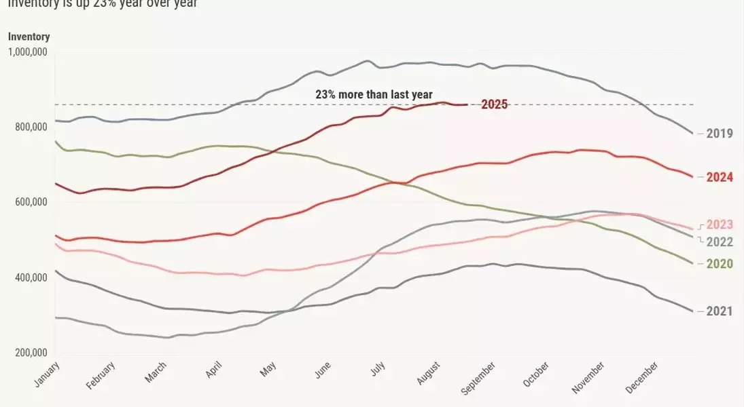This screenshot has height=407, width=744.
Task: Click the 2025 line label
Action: pos(494,104)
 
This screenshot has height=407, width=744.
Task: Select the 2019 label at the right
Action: pos(720,134)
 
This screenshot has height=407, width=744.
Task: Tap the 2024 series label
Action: pos(720,178)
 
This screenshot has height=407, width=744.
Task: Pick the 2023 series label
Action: pos(720,225)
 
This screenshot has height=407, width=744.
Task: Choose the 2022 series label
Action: pos(720,242)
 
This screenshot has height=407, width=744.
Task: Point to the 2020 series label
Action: pos(720,264)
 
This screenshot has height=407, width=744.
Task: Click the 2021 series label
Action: pos(720,311)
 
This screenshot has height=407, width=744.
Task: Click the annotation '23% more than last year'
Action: pos(374,95)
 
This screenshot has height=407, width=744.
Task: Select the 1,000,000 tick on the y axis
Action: pos(27,52)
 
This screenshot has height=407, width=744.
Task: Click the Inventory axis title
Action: pos(29,37)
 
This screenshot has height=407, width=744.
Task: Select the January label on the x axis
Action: pos(46,374)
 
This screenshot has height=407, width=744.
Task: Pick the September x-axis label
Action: pos(478,377)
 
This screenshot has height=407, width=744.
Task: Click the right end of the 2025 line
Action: pos(466,104)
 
